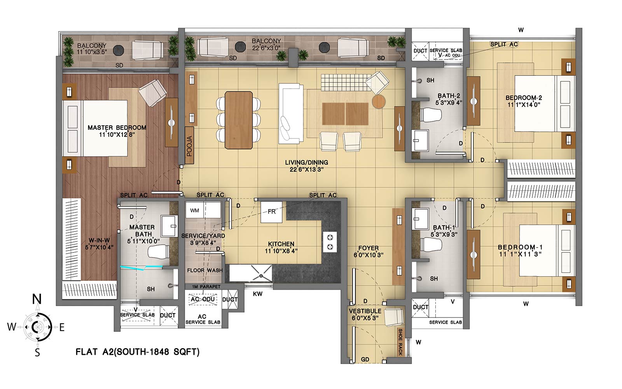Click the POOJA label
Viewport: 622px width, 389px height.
click(189, 145)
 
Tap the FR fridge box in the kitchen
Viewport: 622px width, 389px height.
click(271, 212)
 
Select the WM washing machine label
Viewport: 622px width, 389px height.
click(194, 210)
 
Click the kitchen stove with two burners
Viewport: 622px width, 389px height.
click(330, 242)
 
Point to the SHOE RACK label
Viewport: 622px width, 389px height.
click(400, 342)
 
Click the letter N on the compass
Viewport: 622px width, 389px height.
click(37, 299)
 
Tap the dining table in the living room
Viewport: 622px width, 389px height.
click(239, 120)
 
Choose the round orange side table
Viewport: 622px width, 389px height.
click(379, 102)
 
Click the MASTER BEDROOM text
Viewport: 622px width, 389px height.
click(117, 128)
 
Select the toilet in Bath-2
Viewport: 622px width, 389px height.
click(431, 115)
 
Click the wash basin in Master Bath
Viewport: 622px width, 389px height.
click(169, 226)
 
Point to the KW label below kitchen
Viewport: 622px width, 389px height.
click(258, 294)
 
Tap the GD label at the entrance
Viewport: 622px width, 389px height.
click(365, 359)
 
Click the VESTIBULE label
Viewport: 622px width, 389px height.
click(365, 311)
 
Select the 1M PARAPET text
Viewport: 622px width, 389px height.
click(206, 286)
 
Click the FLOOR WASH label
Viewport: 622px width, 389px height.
click(204, 270)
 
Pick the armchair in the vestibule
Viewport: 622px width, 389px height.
click(394, 317)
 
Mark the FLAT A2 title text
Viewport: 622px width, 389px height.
click(138, 352)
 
